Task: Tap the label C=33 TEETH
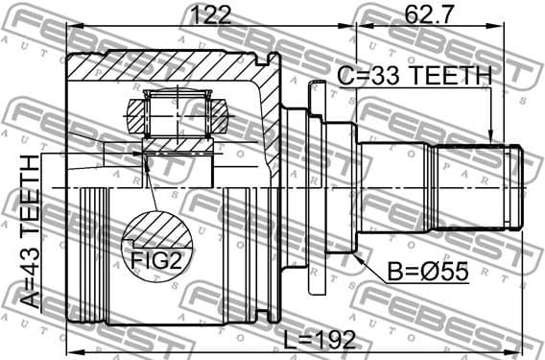[414, 75]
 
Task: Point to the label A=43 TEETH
[32, 230]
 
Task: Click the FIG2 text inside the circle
[157, 257]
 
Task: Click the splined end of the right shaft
[470, 187]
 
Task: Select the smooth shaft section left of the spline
[393, 187]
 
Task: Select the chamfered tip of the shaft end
[518, 187]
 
